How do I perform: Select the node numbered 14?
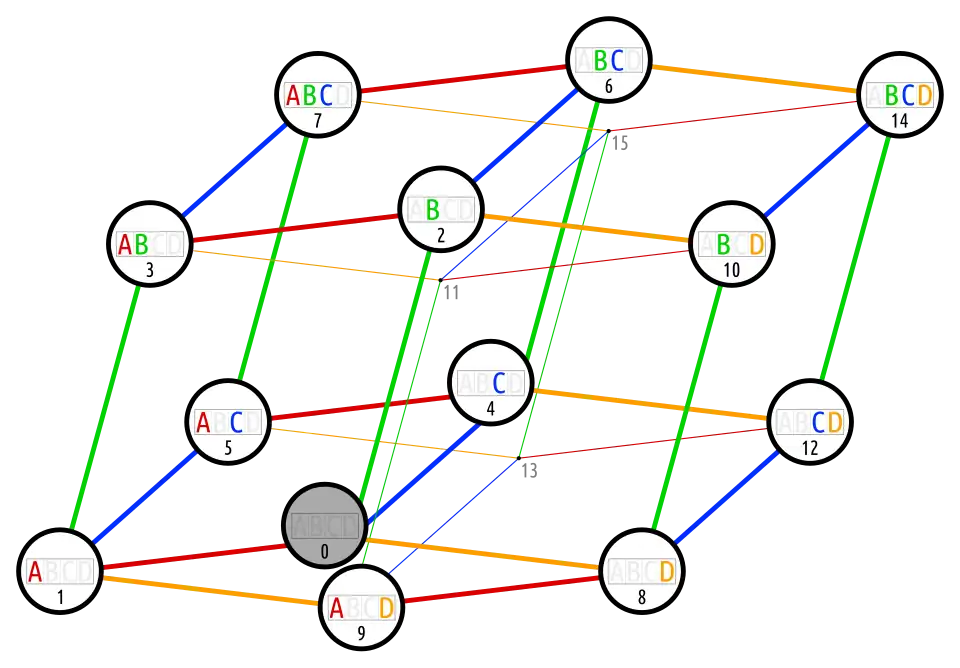coord(900,95)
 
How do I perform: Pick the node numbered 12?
coord(809,422)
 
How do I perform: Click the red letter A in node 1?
coord(35,572)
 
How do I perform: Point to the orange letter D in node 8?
coord(667,572)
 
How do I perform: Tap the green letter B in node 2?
coord(432,210)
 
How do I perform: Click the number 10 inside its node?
coord(731,271)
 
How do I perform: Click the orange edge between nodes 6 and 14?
coord(755,79)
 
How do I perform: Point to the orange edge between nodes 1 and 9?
coord(210,591)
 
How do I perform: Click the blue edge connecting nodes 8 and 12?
coord(727,495)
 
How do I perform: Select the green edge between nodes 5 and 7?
coord(272,257)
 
